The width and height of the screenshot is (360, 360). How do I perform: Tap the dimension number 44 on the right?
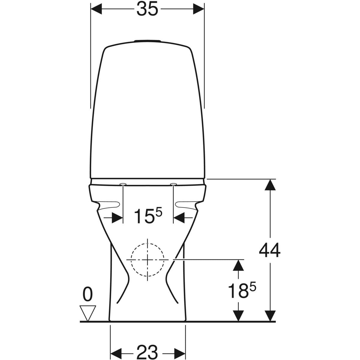pos(270,250)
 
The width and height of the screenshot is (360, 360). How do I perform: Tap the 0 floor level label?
pos(88,295)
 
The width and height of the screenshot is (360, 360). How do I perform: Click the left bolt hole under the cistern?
pos(123,184)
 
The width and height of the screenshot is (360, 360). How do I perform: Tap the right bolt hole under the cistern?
pos(173,184)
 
